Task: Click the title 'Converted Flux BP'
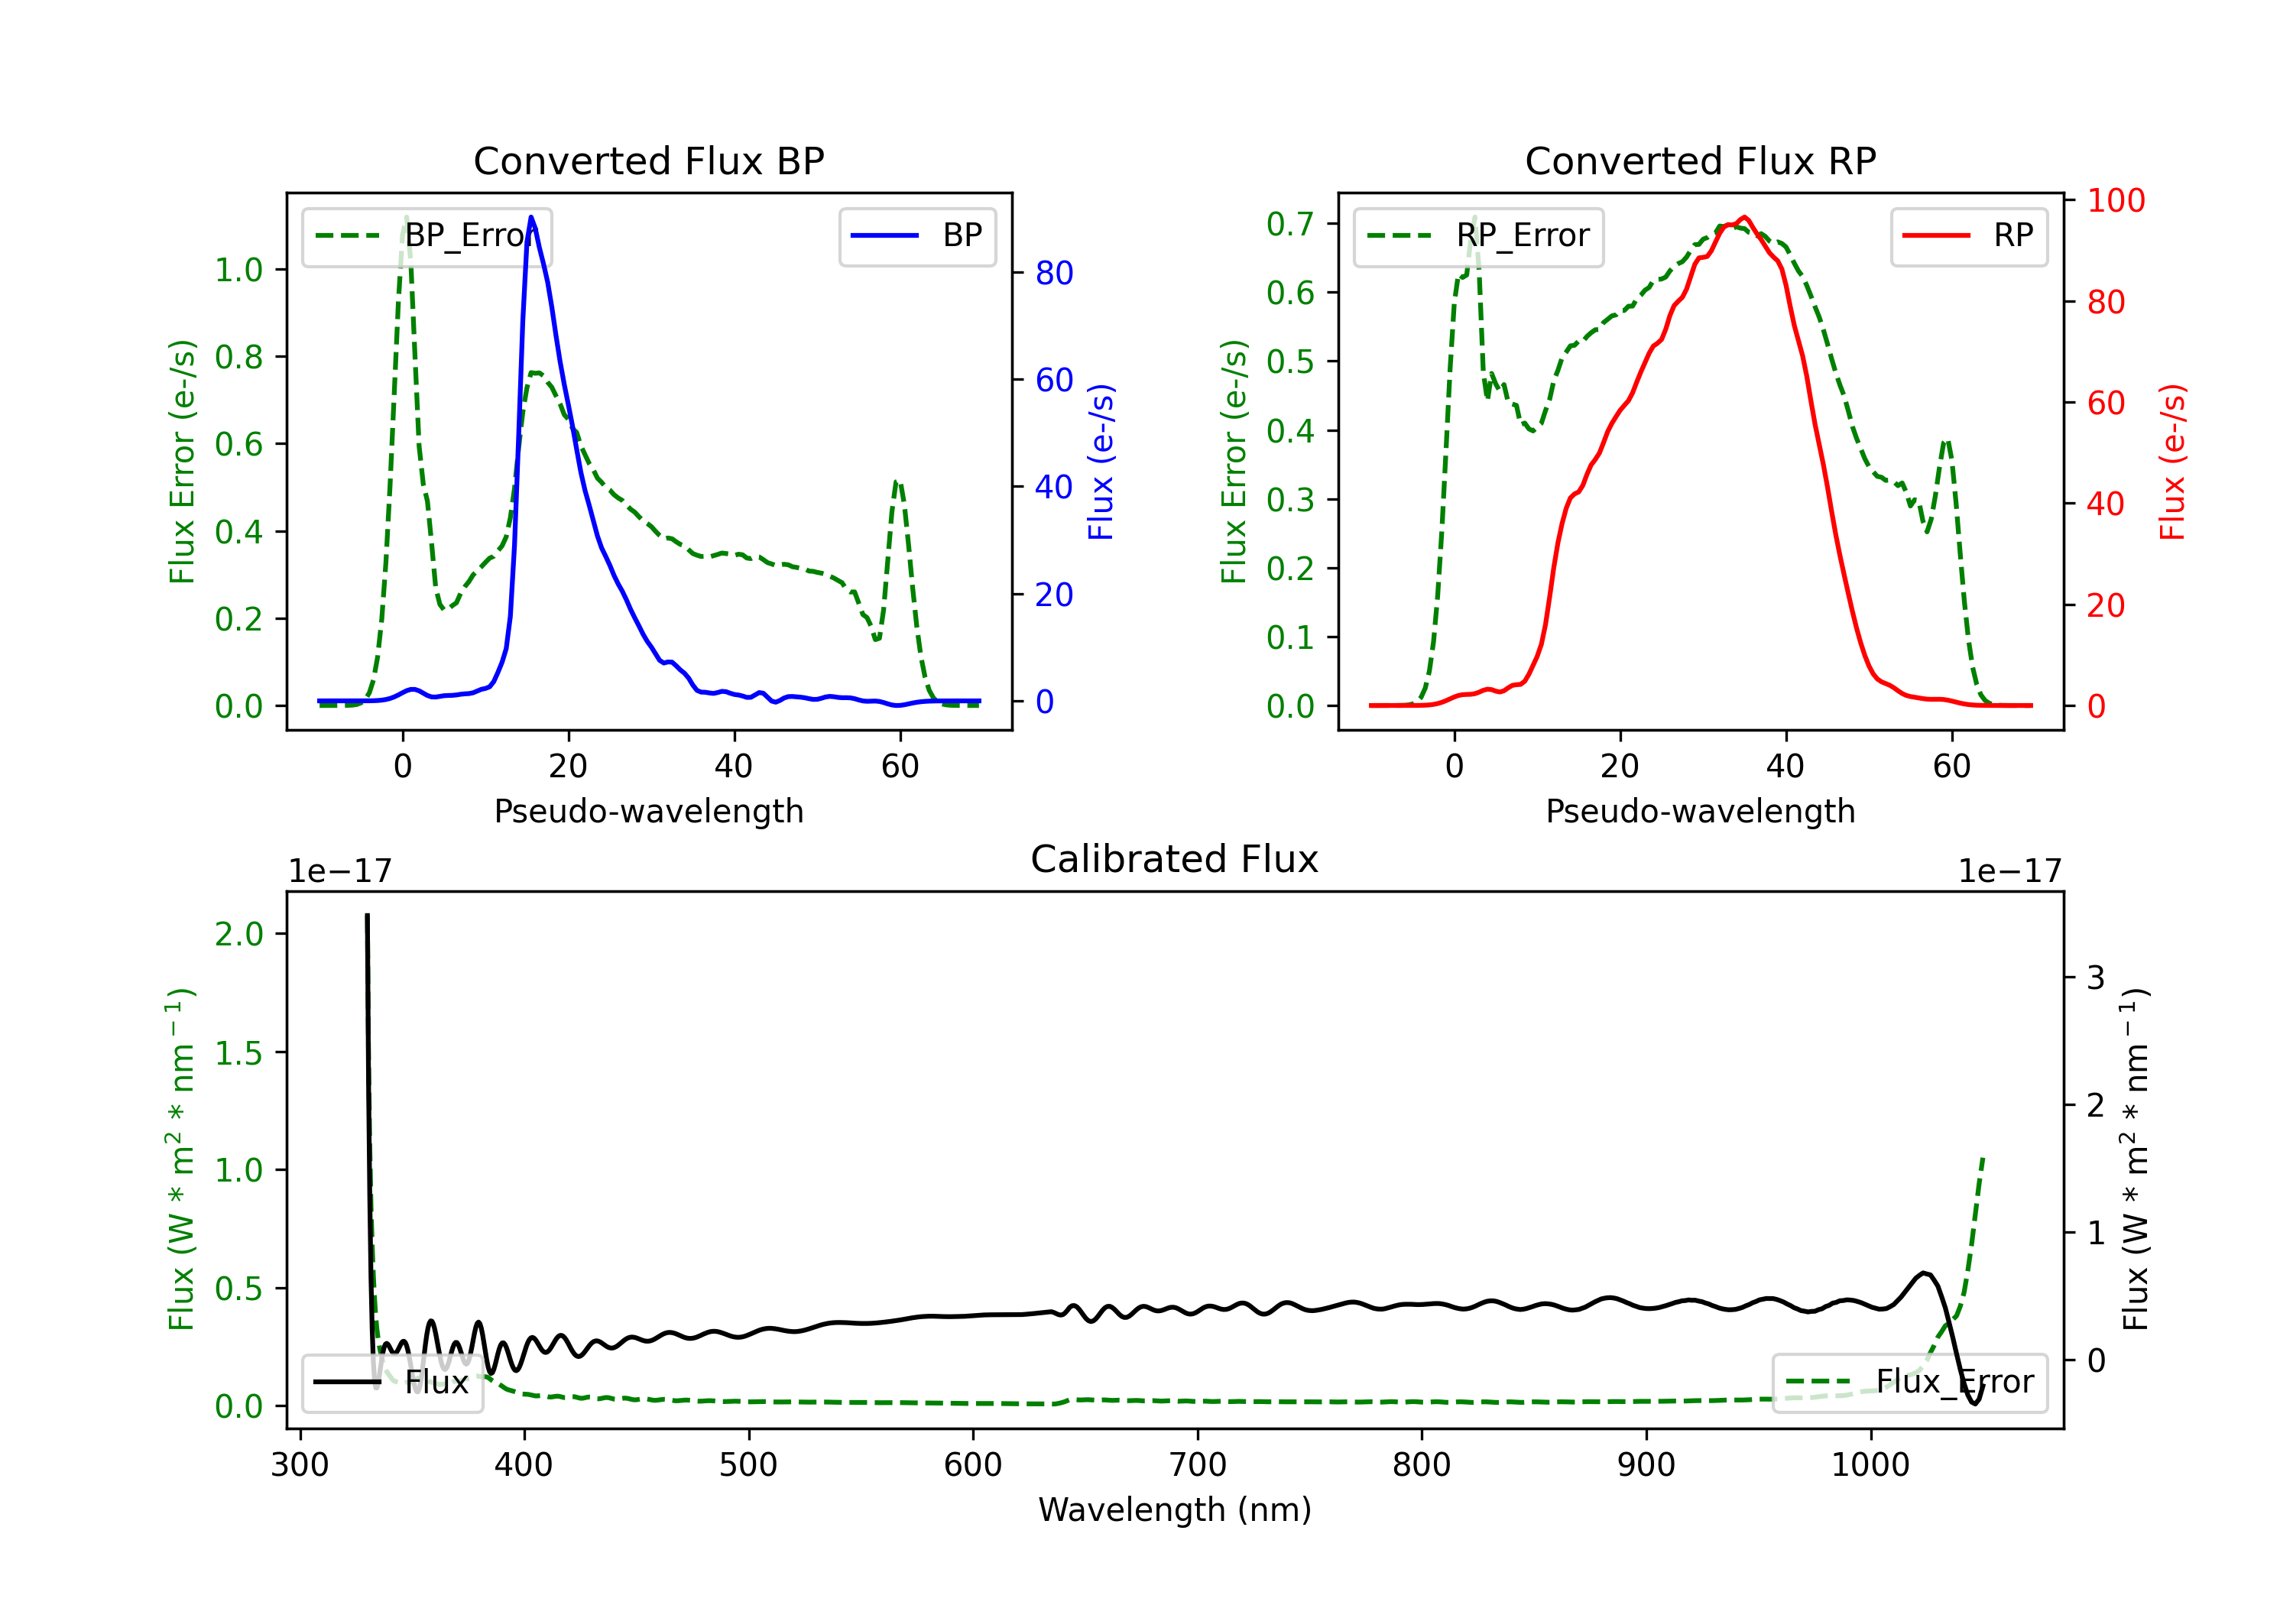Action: [x=648, y=160]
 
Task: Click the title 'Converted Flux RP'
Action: [x=1700, y=160]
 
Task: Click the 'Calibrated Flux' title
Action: [x=1175, y=859]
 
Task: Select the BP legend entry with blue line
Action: [x=916, y=235]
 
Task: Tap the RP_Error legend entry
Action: [x=1478, y=235]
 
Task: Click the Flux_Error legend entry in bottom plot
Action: [x=1909, y=1383]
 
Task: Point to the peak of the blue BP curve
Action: [x=531, y=217]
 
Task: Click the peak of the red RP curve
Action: [x=1743, y=217]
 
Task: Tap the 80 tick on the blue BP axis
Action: [x=1053, y=273]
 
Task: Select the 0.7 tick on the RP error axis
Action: [x=1289, y=224]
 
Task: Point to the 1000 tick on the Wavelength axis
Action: [x=1870, y=1465]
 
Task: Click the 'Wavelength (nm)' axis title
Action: [x=1175, y=1510]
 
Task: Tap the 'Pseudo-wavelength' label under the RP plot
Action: [x=1700, y=811]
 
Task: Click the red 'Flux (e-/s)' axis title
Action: [x=2172, y=462]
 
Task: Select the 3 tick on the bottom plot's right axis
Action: [x=2097, y=977]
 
